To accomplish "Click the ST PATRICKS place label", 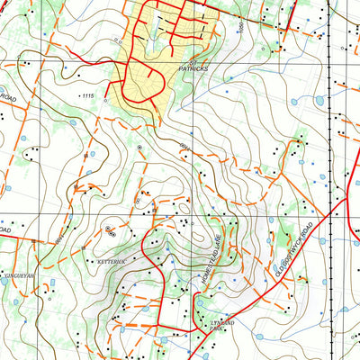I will (x=193, y=66).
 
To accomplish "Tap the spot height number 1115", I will (x=87, y=95).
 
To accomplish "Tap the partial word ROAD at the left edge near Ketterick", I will (x=5, y=231).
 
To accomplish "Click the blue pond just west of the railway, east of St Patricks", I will (x=317, y=99).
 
